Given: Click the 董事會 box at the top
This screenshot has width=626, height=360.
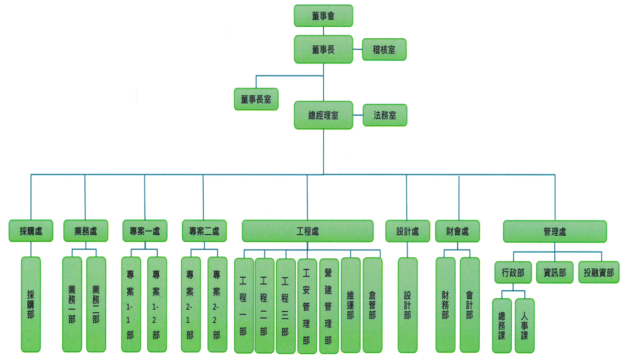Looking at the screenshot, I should (323, 16).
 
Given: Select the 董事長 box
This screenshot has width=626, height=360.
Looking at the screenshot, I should (323, 50).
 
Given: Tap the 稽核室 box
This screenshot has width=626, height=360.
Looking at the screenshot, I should (384, 50).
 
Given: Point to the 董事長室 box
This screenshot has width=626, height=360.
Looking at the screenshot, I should (256, 99).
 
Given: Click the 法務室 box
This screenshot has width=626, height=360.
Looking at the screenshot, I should (385, 115).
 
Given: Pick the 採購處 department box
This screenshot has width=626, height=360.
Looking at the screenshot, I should (31, 231).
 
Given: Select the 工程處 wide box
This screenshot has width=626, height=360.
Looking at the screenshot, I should (307, 231).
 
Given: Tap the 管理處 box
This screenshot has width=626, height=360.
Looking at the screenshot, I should (555, 231).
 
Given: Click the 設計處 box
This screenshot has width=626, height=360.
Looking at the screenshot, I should (408, 231).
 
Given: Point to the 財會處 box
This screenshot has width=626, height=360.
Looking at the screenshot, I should (457, 231).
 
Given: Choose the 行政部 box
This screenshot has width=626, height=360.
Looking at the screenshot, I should (513, 273).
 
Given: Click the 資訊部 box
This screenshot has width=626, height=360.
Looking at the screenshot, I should (555, 273).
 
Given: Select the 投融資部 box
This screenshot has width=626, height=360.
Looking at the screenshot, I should (599, 273).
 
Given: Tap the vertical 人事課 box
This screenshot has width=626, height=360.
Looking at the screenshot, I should (524, 325).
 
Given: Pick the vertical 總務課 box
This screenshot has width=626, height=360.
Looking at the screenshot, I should (502, 325).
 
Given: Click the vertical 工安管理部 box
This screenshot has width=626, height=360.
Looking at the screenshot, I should (307, 306).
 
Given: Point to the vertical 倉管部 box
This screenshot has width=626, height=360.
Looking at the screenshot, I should (372, 306).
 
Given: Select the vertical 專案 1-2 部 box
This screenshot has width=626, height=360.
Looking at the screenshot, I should (157, 304).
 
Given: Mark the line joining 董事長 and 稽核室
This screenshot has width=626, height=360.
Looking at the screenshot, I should (357, 50).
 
